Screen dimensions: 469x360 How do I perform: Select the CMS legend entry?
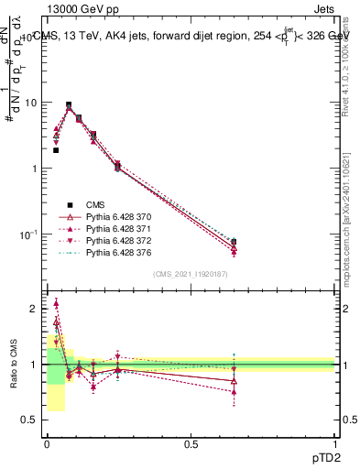pyautogui.click(x=95, y=204)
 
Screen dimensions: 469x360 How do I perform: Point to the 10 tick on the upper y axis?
pyautogui.click(x=34, y=103)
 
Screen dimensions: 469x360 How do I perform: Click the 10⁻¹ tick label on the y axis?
pyautogui.click(x=31, y=234)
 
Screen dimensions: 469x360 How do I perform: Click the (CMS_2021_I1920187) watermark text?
pyautogui.click(x=191, y=274)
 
